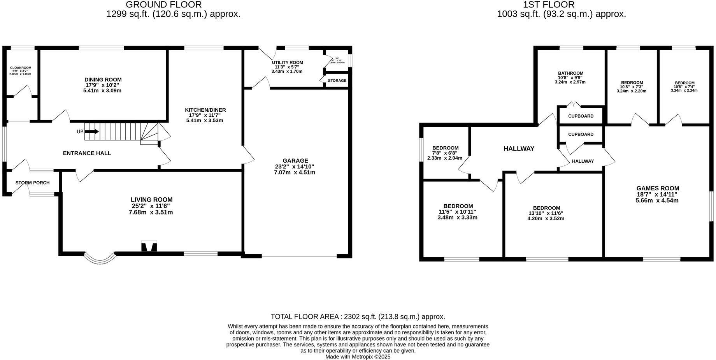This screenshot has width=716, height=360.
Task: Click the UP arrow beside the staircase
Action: (91, 132)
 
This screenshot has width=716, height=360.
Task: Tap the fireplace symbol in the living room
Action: (149, 247)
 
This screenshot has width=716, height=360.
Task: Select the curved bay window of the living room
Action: (100, 258)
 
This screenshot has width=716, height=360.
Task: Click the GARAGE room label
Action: (295, 160)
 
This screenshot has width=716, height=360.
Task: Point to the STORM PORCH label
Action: (32, 183)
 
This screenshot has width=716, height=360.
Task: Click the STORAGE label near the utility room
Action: (337, 81)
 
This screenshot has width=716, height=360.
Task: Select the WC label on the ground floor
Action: (337, 58)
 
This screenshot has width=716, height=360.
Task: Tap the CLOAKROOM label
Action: (20, 68)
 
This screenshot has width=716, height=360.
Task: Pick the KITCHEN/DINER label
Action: (205, 110)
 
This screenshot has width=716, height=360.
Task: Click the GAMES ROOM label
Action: (658, 188)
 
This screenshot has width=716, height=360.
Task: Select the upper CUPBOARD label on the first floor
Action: (581, 116)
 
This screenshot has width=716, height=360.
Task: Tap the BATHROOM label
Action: (570, 73)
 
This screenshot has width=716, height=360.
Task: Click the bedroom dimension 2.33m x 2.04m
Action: (445, 158)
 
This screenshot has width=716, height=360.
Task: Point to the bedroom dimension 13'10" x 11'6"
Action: (546, 213)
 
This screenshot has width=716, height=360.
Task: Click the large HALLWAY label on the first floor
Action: (519, 149)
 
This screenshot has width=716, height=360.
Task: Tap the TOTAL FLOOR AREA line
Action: (358, 317)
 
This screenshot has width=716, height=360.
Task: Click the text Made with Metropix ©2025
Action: (358, 356)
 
